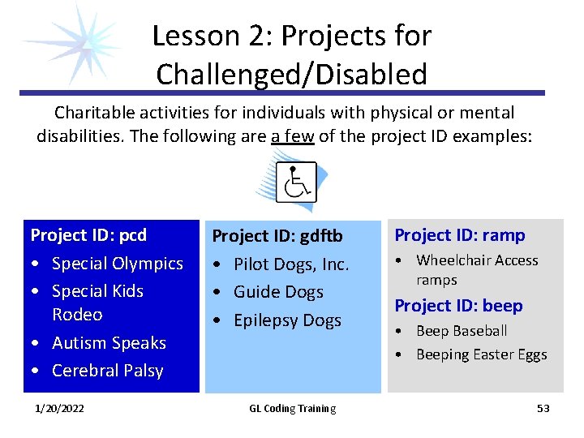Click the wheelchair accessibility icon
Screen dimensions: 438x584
click(x=295, y=182)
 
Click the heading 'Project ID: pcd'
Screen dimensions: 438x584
click(x=88, y=235)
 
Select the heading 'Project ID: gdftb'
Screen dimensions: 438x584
click(x=277, y=236)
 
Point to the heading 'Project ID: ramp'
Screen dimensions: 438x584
click(x=459, y=235)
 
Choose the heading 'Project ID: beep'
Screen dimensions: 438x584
click(x=458, y=306)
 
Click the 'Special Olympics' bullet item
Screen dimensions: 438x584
click(x=117, y=264)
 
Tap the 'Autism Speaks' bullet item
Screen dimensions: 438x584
click(x=108, y=343)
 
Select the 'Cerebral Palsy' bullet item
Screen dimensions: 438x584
click(x=107, y=371)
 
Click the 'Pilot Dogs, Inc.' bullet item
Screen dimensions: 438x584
click(x=291, y=264)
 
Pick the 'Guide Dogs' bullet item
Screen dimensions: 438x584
click(x=278, y=292)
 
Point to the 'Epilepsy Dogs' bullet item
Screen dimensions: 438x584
click(x=287, y=320)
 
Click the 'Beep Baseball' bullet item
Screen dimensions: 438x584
click(x=461, y=331)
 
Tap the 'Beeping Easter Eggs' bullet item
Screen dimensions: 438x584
click(x=481, y=354)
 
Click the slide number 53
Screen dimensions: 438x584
click(x=543, y=408)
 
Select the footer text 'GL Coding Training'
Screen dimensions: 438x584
click(x=292, y=409)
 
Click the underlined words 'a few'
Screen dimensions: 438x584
click(x=293, y=136)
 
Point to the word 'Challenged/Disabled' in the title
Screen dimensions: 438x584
click(x=291, y=75)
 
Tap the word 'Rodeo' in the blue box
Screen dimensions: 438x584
click(x=77, y=315)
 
